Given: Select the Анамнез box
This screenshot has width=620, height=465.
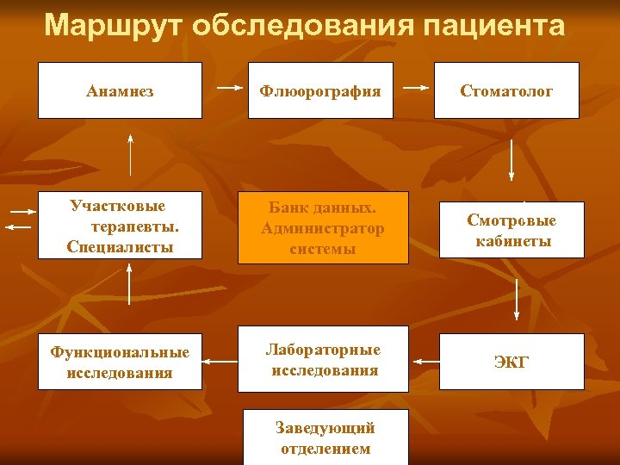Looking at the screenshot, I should tap(121, 90).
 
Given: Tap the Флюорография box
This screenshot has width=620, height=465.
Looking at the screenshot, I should tap(320, 90).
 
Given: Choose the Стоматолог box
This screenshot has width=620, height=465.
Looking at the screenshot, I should tap(506, 90).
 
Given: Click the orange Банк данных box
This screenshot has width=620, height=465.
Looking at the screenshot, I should tap(323, 228).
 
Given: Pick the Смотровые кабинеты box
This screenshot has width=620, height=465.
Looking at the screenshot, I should tap(512, 230).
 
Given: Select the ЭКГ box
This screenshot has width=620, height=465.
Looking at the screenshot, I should tap(512, 362).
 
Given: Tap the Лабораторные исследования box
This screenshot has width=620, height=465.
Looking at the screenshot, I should tap(323, 360).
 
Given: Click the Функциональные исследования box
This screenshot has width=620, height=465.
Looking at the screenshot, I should tap(120, 362).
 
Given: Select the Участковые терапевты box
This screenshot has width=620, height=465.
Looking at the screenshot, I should tap(121, 226).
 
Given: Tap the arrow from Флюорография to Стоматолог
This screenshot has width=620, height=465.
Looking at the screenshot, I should tap(417, 88).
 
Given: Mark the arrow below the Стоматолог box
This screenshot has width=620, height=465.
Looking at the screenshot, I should tap(512, 159).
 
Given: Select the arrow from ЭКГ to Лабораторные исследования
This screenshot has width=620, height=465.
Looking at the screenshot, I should tap(424, 362).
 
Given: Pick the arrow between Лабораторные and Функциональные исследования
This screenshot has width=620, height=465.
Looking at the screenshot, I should tap(220, 362).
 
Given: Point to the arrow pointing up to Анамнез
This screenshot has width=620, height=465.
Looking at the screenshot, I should tap(131, 155).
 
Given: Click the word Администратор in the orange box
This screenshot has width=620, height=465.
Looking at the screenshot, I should tap(323, 229).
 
